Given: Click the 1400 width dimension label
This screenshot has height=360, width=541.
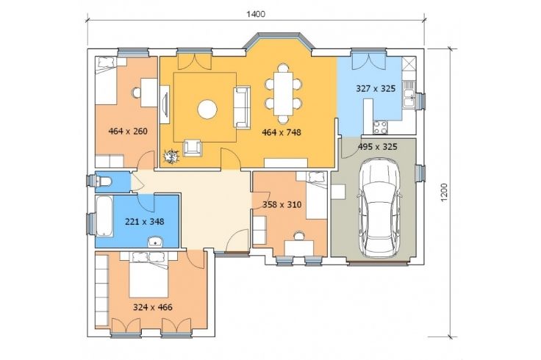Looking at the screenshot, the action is click(x=256, y=14).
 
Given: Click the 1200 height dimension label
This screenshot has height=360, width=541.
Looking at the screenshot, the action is click(x=445, y=192).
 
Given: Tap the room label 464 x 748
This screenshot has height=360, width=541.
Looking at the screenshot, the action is click(x=282, y=132).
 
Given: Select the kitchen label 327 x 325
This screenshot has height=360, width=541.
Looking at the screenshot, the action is click(x=376, y=89).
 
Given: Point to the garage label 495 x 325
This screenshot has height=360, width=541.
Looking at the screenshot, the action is click(x=377, y=147).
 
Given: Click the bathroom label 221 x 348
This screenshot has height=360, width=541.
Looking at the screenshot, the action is click(x=144, y=222).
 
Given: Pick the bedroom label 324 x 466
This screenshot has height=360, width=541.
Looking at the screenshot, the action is click(x=152, y=307).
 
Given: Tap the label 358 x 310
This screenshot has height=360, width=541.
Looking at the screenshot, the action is click(x=282, y=205).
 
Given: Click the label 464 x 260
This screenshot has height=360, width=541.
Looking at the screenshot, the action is click(x=128, y=132).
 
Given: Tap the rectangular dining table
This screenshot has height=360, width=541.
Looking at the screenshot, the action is click(x=283, y=94).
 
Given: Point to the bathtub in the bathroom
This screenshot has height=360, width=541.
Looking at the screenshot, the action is click(x=104, y=217).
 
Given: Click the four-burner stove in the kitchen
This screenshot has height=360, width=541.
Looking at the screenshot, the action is click(x=380, y=128).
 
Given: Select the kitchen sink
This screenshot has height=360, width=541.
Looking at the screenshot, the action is click(x=409, y=95).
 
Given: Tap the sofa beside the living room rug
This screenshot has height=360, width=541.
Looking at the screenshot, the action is click(x=242, y=107).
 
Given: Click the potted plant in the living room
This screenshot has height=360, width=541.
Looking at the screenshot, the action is click(x=171, y=157).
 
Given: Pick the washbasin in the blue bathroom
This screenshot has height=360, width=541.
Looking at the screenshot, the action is click(x=156, y=242).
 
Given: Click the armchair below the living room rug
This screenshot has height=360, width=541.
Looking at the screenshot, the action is click(x=193, y=148).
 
